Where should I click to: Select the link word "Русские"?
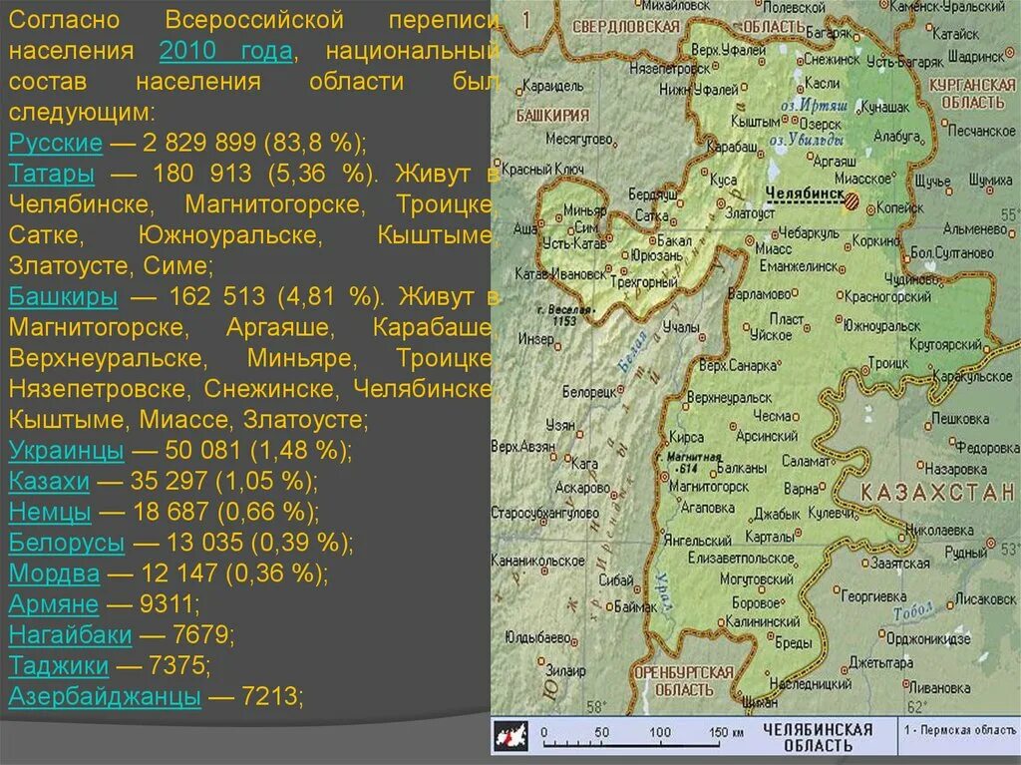tap(56, 143)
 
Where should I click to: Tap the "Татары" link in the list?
tap(52, 174)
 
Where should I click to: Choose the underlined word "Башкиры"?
tap(63, 296)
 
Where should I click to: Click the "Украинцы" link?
tap(67, 450)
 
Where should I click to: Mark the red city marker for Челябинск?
tap(851, 200)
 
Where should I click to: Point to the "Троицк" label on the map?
tap(885, 363)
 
